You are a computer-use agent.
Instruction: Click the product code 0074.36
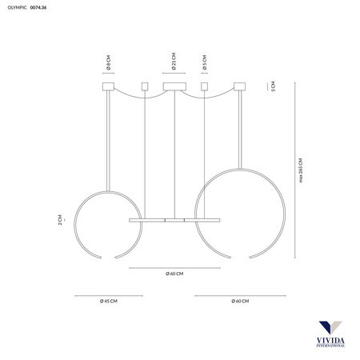point(38,7)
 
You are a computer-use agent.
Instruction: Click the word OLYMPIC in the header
point(17,7)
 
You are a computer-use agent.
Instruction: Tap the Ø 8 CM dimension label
point(108,62)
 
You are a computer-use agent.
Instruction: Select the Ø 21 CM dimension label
point(174,62)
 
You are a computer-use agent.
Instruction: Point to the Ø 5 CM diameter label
point(205,62)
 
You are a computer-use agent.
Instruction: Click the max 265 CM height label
point(301,170)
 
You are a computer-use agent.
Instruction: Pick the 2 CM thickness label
point(60,220)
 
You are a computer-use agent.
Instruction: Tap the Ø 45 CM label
point(109,301)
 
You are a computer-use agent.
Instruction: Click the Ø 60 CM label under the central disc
point(174,274)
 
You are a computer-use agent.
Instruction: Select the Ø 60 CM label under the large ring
point(240,301)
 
